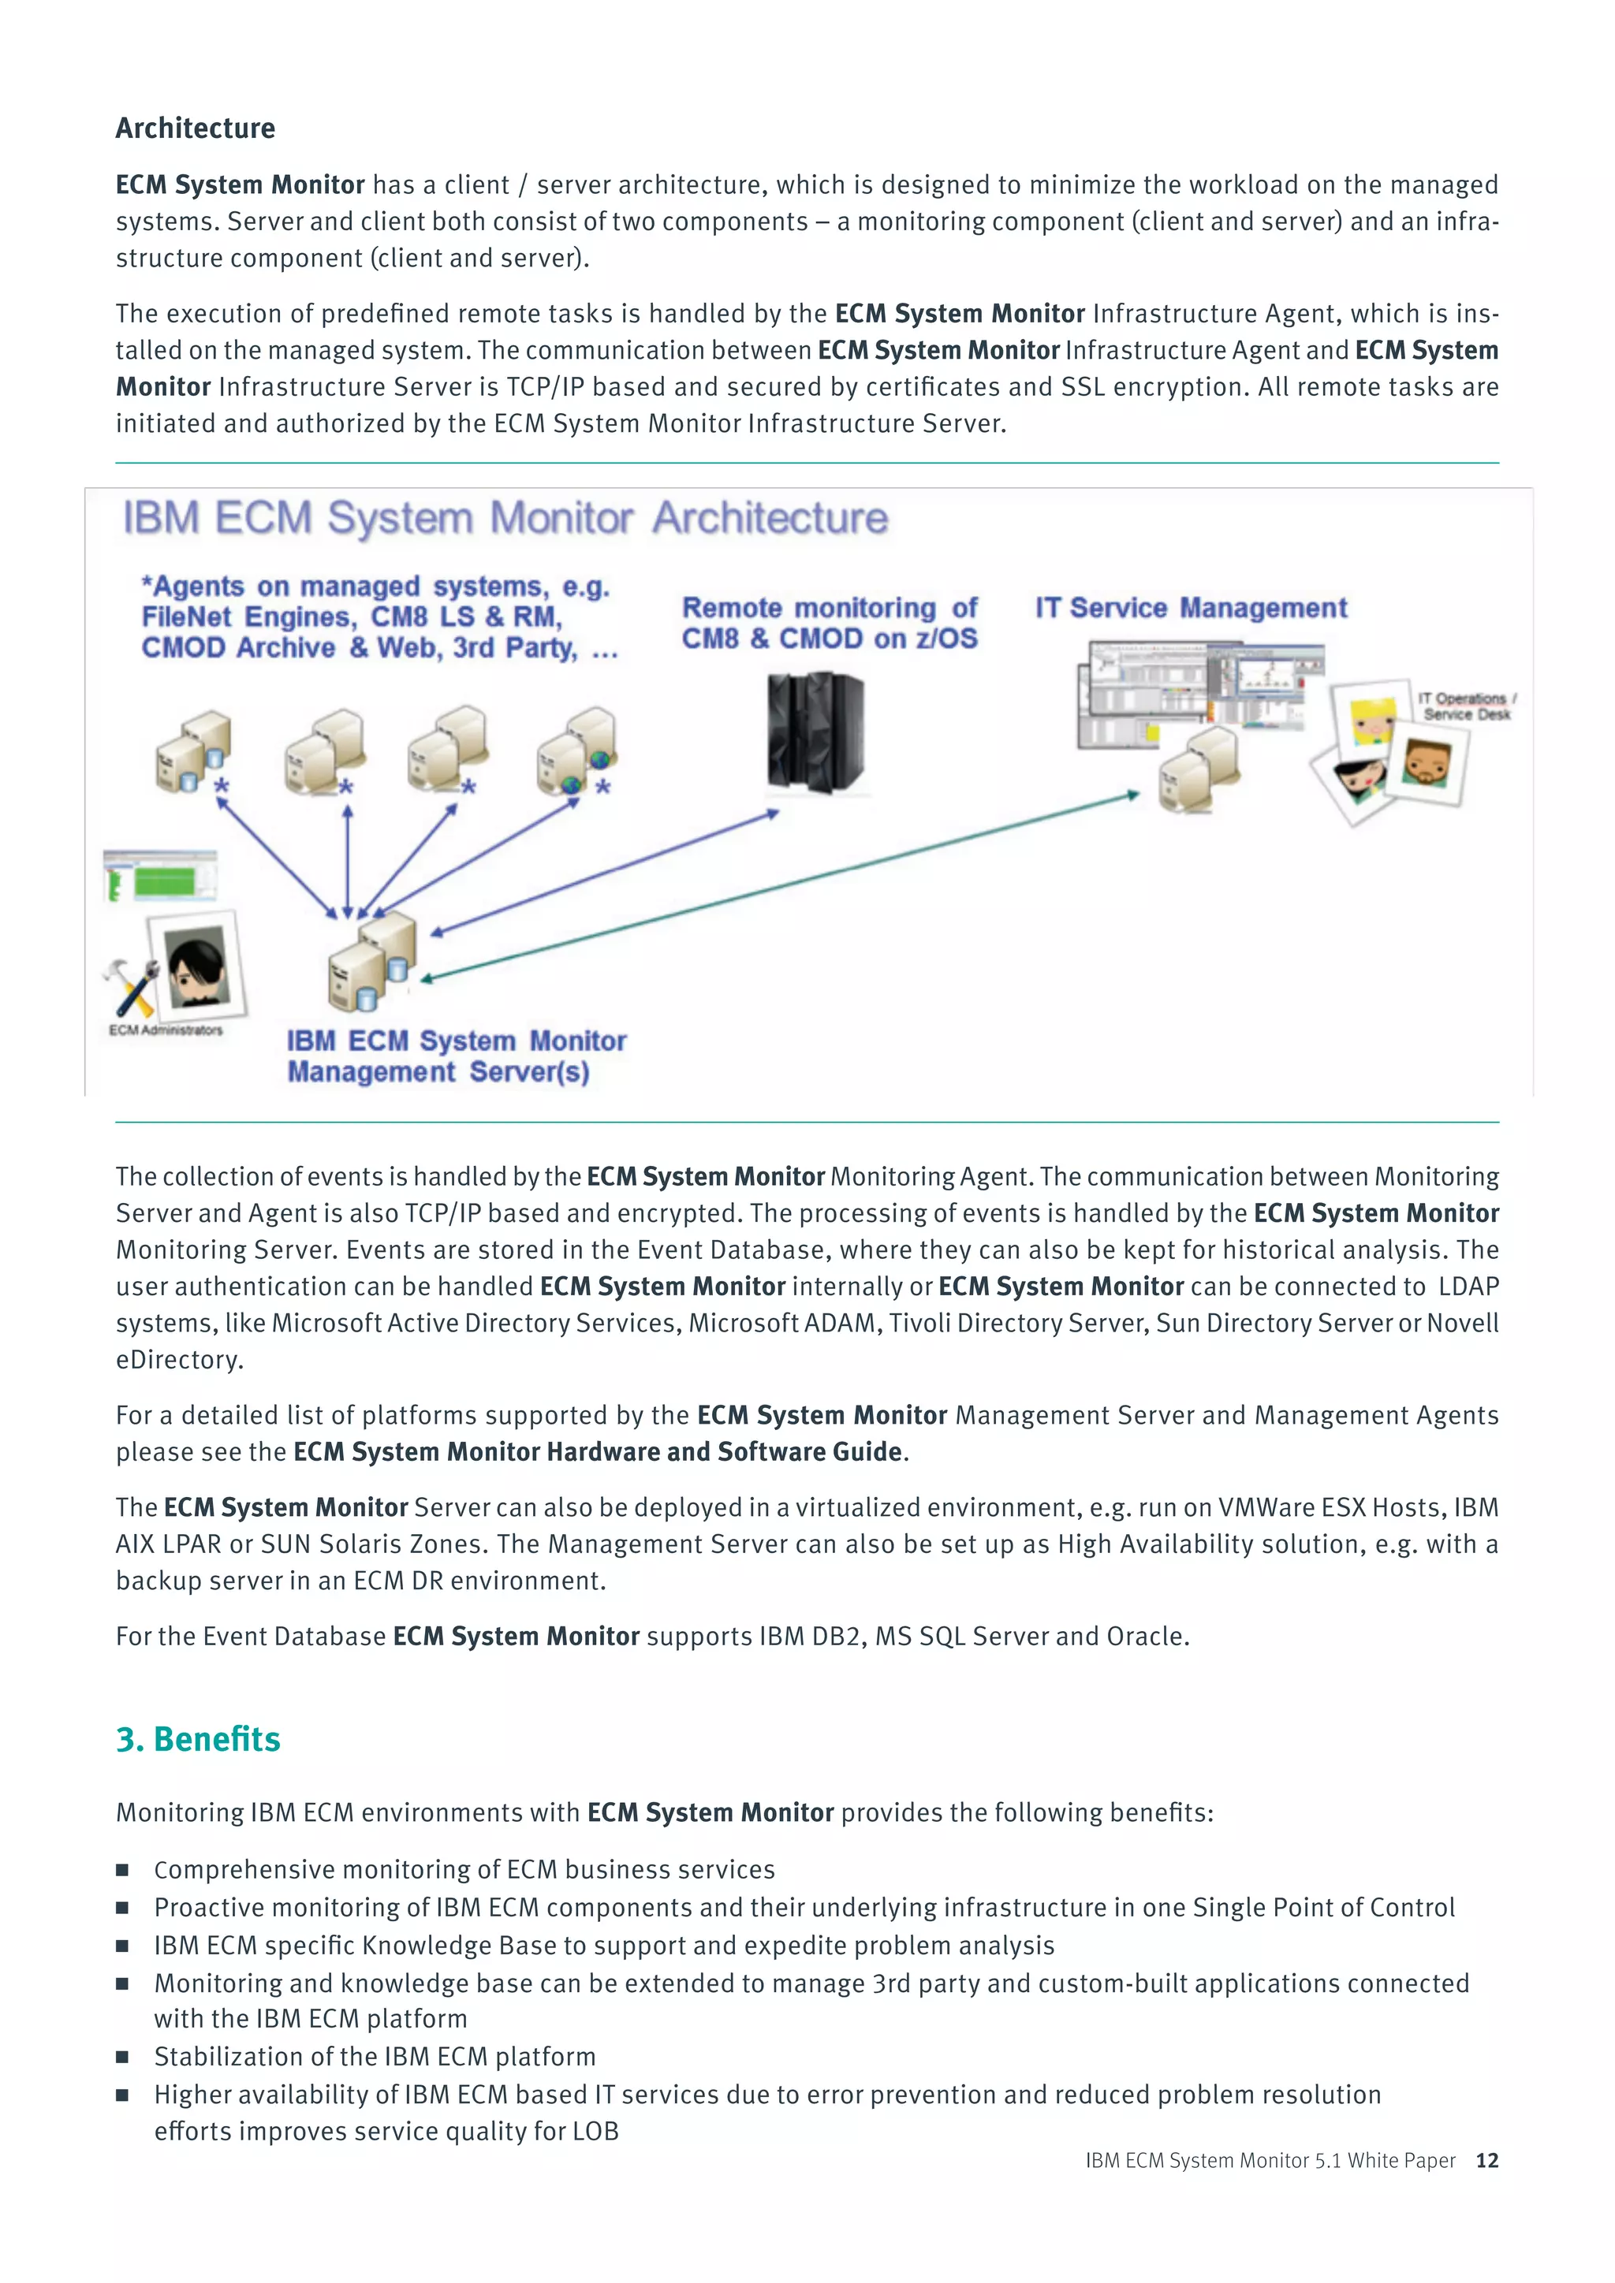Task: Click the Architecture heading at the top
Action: click(195, 128)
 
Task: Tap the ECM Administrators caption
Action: click(166, 1030)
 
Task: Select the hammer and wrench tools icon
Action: click(130, 985)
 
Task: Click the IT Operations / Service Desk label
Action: click(1466, 706)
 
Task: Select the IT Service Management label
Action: click(1191, 608)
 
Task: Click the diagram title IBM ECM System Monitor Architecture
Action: click(505, 518)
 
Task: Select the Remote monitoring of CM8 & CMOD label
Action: click(830, 623)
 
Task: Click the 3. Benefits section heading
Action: click(198, 1739)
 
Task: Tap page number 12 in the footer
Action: click(1486, 2160)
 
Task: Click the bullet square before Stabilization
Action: click(122, 2056)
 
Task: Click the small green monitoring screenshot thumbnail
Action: click(161, 877)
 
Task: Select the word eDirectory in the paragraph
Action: click(178, 1359)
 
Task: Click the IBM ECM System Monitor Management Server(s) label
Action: click(457, 1056)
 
